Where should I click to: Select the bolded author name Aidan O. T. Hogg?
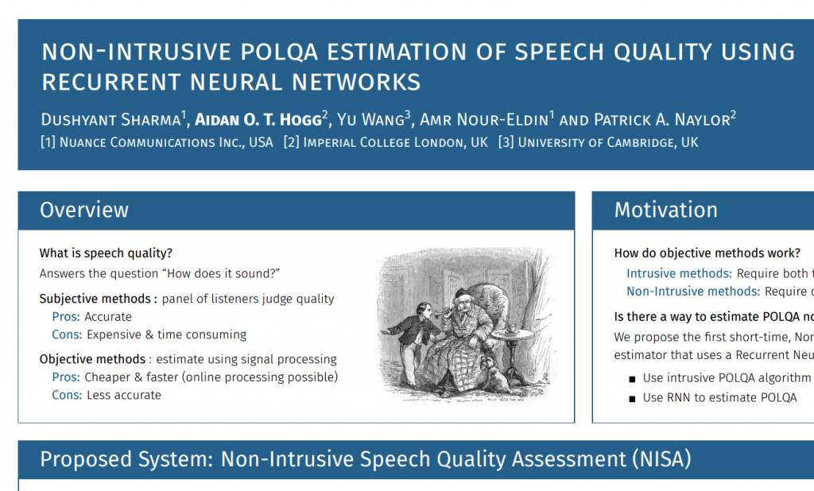(x=258, y=120)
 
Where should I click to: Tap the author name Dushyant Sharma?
(x=110, y=120)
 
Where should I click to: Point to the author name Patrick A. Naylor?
(x=662, y=120)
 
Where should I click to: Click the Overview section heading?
(x=84, y=210)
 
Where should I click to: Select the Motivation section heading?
(x=665, y=210)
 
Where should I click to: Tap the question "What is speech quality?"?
(x=106, y=253)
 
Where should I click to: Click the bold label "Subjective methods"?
(x=95, y=299)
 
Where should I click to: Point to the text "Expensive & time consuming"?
(x=167, y=334)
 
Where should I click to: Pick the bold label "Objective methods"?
(x=92, y=359)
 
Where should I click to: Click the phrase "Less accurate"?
(x=124, y=395)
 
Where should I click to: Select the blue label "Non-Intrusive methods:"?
(x=693, y=291)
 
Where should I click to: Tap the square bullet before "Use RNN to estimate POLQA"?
(x=632, y=399)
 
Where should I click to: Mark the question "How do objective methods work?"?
(x=707, y=253)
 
